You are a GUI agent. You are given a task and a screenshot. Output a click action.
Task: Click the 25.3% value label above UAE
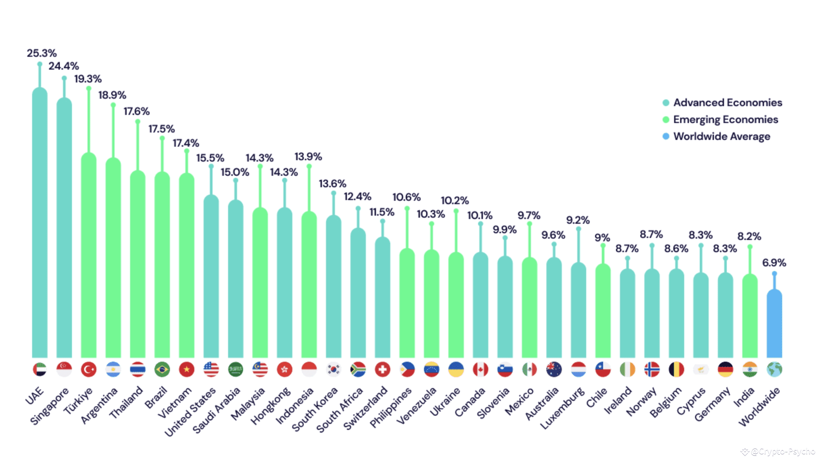(42, 53)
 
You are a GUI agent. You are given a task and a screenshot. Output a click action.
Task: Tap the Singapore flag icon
(64, 369)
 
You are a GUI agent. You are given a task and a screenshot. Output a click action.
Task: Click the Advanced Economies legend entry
(727, 102)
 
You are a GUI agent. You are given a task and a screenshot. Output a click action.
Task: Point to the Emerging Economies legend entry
(725, 119)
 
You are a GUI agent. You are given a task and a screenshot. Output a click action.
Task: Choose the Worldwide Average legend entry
(721, 136)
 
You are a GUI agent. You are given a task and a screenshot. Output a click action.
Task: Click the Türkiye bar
(89, 253)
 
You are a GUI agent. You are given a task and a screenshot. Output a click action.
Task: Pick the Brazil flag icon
(162, 369)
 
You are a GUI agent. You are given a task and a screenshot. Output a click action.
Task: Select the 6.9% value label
(774, 263)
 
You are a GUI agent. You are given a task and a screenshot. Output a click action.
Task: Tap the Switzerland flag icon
(382, 369)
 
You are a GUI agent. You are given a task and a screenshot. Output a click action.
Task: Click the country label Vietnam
(175, 402)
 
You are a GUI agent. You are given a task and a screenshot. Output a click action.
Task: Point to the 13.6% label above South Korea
(332, 184)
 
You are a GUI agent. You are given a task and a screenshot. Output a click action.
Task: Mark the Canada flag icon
(480, 369)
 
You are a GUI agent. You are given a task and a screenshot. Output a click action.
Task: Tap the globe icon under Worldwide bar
(774, 369)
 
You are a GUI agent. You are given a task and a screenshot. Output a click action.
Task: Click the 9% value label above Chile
(602, 238)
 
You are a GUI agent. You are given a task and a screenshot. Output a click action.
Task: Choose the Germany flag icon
(725, 369)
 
